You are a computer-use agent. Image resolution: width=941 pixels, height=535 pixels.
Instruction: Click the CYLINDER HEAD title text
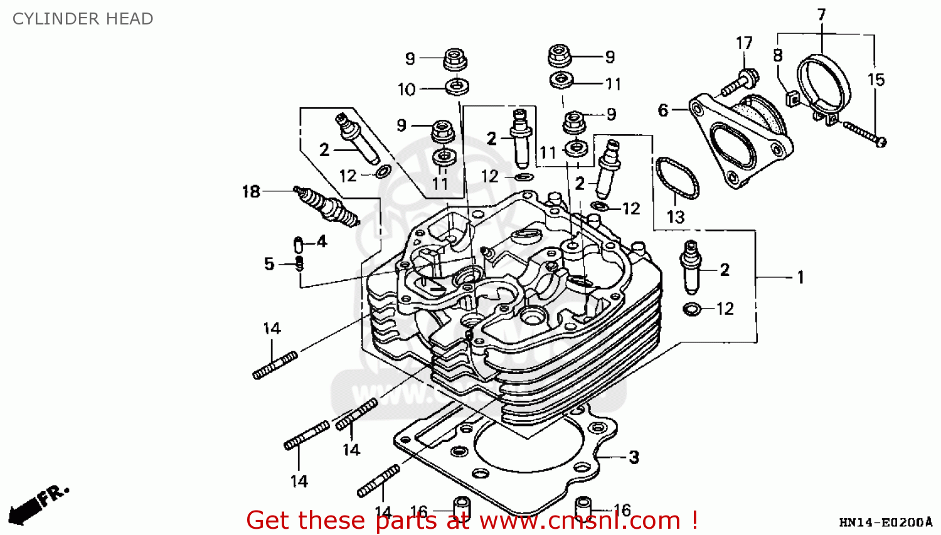[83, 19]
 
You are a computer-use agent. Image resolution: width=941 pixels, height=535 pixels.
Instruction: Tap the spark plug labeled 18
[326, 204]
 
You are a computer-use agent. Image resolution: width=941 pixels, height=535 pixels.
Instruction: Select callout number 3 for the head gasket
[634, 457]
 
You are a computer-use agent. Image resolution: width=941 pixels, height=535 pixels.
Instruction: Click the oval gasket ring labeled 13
[677, 178]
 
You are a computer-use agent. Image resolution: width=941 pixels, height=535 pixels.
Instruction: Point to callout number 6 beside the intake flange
[662, 110]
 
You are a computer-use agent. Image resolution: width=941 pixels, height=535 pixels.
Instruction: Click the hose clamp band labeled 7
[824, 82]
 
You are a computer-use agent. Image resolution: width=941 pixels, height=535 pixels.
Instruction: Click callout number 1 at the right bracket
[800, 277]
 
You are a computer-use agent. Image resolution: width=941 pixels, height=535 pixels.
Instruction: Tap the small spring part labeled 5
[299, 263]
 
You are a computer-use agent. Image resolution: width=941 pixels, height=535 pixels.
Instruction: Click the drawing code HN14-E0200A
[885, 522]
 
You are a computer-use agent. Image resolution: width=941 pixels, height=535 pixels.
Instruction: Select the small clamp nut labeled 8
[792, 98]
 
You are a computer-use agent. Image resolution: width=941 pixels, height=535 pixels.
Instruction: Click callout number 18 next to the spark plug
[251, 191]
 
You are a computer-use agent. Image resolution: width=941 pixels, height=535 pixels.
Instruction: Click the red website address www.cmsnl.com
[580, 521]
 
